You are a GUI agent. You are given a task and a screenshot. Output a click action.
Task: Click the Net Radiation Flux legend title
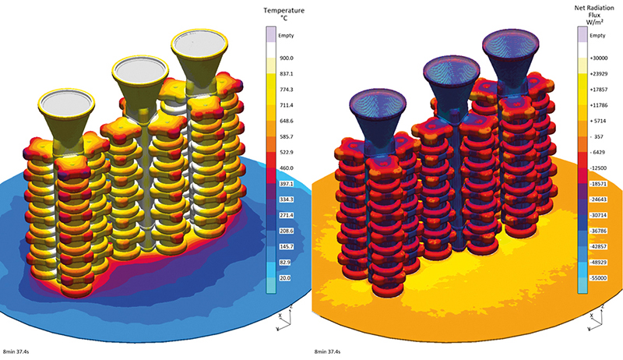click(597, 15)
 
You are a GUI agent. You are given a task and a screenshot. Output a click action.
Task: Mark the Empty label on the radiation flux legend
click(597, 35)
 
